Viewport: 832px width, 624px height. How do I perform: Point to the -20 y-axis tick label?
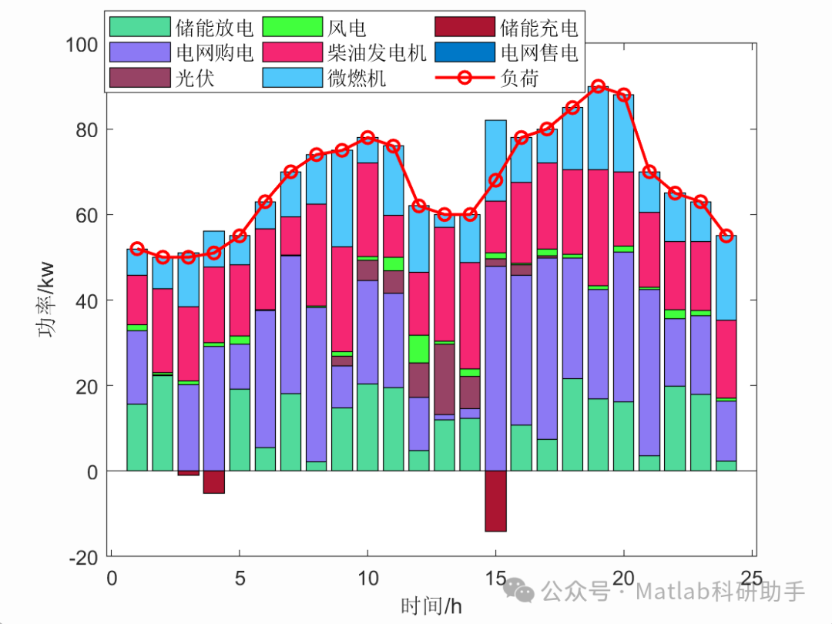pyautogui.click(x=83, y=557)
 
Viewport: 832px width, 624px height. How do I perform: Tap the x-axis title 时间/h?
pyautogui.click(x=431, y=606)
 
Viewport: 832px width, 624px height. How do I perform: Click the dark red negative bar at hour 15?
pyautogui.click(x=495, y=501)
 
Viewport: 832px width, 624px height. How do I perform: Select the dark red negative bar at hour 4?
pyautogui.click(x=214, y=481)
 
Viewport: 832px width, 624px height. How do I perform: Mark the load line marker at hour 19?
pyautogui.click(x=598, y=86)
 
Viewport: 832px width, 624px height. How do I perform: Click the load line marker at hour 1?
pyautogui.click(x=137, y=249)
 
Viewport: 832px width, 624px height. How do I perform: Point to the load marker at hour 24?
pyautogui.click(x=726, y=236)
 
